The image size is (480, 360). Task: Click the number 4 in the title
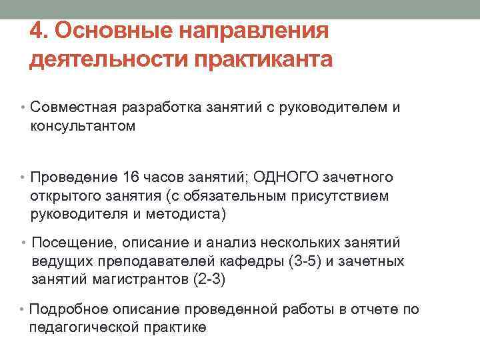pos(37,31)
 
